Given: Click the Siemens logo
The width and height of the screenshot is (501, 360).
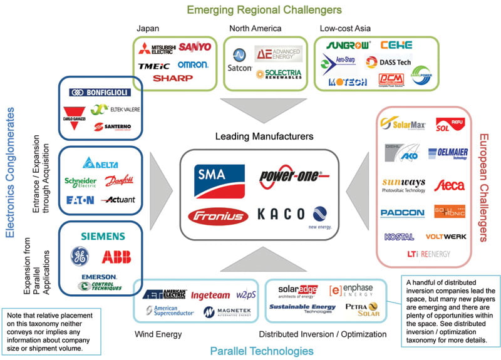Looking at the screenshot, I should coord(103,236).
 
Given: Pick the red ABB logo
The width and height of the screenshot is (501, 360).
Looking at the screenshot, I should coord(116,257).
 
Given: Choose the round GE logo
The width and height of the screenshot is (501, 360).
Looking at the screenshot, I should coord(80,257).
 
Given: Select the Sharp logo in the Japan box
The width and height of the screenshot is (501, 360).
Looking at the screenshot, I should coord(173,79).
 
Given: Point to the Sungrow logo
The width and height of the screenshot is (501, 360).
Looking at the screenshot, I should coord(345,45).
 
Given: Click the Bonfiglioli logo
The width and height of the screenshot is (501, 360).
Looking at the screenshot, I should coord(100,92).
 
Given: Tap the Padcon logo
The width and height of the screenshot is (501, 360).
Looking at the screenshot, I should coord(402,213).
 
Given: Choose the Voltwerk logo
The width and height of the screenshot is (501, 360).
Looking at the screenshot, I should coord(445,237).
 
